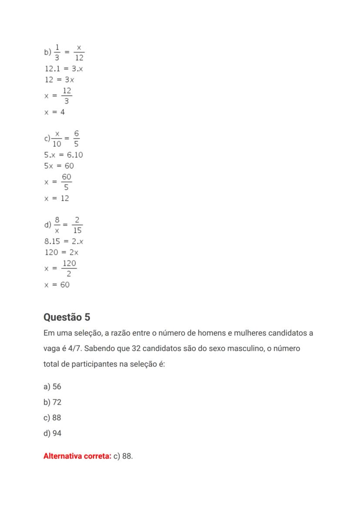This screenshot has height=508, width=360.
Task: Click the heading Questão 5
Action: tap(67, 317)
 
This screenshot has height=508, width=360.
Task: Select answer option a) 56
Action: tap(52, 387)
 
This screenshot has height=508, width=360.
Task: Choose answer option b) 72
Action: tap(52, 402)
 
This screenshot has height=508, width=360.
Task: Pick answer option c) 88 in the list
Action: tap(52, 418)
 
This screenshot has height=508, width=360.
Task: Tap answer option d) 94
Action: tap(52, 434)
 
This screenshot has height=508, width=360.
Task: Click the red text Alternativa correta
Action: tap(77, 457)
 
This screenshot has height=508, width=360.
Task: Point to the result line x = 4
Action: tap(54, 112)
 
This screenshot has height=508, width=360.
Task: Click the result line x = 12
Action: tap(57, 199)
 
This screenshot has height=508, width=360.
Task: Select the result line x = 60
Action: tap(57, 285)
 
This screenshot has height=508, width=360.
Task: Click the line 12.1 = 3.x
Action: tap(63, 69)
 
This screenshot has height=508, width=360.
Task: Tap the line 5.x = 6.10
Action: tap(63, 155)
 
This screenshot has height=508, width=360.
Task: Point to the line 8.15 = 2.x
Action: tap(64, 242)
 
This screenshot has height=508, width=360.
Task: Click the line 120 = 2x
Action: tap(61, 252)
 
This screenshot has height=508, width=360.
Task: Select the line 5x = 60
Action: tap(59, 166)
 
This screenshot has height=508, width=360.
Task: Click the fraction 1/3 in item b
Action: tap(57, 52)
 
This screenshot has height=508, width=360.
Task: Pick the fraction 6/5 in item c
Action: tap(76, 138)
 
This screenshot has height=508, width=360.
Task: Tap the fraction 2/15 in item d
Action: tap(77, 225)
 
